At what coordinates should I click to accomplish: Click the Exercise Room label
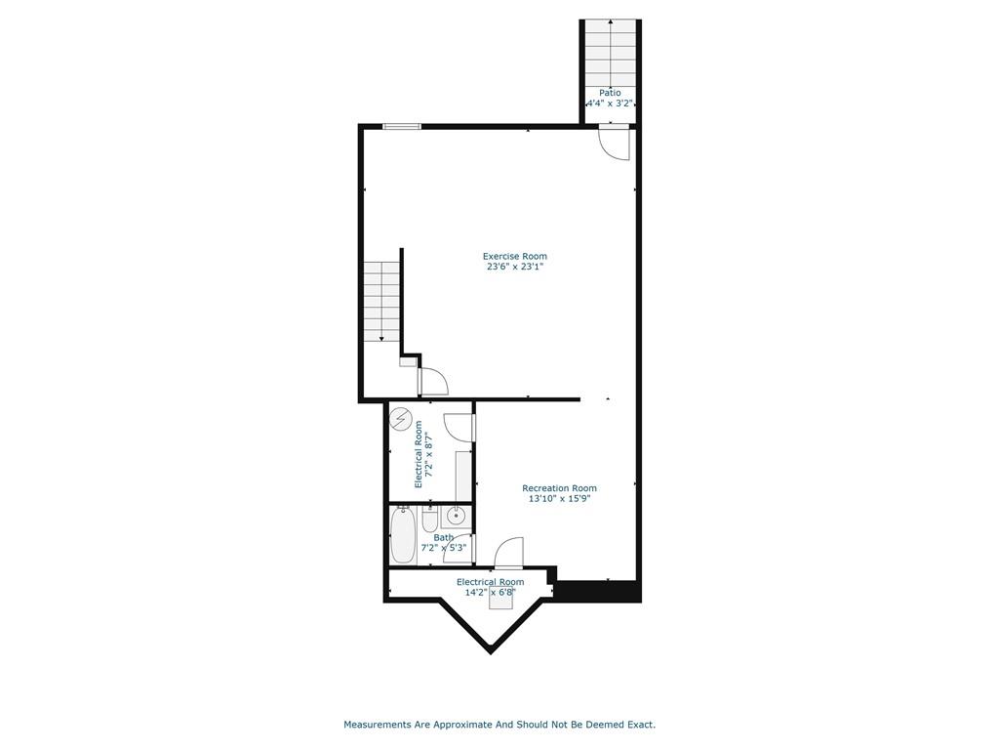point(515,257)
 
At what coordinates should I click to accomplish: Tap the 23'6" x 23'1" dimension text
point(515,268)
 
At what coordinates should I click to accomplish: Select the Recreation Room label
point(559,488)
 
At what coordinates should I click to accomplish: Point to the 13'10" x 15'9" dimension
point(559,499)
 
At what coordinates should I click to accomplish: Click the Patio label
point(610,93)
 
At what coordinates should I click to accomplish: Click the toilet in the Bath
point(430,520)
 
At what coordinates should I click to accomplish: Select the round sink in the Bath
point(457,516)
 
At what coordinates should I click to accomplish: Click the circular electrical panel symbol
point(400,418)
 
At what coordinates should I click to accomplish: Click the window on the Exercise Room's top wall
point(402,126)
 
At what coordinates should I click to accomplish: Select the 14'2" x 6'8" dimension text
point(490,593)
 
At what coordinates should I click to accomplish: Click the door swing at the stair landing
point(434,382)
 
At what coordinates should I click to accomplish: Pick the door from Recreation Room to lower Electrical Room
point(509,553)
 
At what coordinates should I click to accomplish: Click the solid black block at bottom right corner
point(598,591)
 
